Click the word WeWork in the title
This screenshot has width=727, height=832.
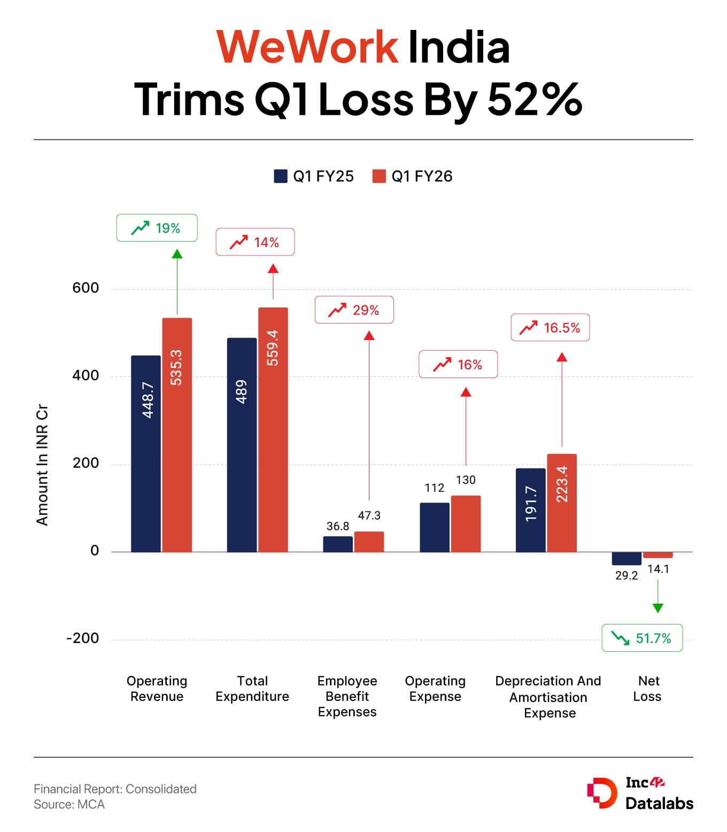[307, 47]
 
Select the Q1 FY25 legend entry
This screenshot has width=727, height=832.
[314, 176]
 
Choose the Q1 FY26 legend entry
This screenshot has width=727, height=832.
[412, 176]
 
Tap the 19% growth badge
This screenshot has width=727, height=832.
[157, 228]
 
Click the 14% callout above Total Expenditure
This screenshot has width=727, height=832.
[255, 242]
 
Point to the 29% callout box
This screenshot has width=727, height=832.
[354, 310]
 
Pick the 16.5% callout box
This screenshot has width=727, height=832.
[550, 328]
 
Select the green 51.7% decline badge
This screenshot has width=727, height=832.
[642, 638]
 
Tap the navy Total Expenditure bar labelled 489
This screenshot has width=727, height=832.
[242, 444]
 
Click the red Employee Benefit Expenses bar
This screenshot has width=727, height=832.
[369, 542]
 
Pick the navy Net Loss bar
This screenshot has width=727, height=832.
[627, 558]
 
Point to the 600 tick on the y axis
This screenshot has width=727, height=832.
[86, 288]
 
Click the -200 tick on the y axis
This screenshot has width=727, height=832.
[83, 638]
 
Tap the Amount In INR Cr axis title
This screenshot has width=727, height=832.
[42, 465]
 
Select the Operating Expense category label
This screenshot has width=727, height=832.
[435, 689]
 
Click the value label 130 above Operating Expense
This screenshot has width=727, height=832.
[466, 480]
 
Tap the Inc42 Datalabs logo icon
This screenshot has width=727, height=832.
[601, 793]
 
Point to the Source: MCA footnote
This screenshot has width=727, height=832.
[69, 804]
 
